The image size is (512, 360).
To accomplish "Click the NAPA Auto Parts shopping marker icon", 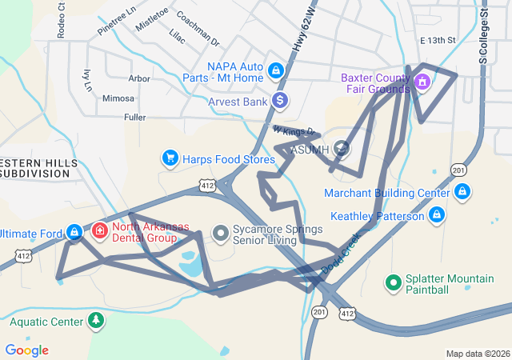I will pos(276,70).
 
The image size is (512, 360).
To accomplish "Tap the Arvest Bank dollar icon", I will pos(279,101).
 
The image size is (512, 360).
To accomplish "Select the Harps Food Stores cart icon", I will pos(170,158).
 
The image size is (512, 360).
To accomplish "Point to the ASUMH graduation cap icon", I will pos(342,148).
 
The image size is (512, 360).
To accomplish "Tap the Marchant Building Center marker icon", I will pos(462,192).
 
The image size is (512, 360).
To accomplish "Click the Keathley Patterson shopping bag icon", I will pos(437,215).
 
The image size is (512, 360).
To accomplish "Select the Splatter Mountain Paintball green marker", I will pos(394,282).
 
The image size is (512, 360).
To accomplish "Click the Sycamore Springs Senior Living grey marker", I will pos(221,233).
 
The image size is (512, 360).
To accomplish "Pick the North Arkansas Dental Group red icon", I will pos(100,231).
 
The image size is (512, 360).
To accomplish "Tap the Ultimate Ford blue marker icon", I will pos(74,232).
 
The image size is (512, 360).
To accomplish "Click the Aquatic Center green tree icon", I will pos(96,321).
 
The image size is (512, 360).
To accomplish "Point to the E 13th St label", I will pos(438,40).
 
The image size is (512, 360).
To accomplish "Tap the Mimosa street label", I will pos(118,98).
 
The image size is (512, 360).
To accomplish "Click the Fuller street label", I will pos(135,117).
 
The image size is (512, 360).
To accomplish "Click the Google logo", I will pos(26,350).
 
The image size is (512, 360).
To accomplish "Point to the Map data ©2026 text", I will pos(477,354).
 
